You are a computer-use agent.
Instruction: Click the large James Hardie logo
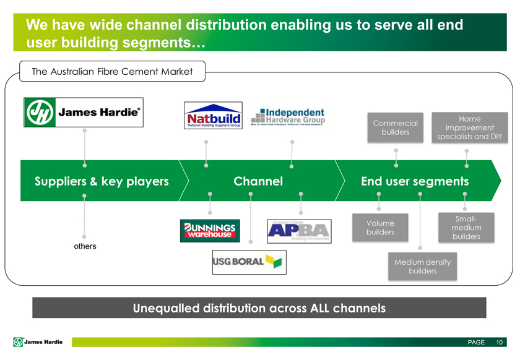pos(83,112)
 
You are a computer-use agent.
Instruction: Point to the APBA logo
pos(298,231)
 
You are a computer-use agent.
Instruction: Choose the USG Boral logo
pos(246,262)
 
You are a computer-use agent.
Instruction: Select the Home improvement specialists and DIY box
pos(469,127)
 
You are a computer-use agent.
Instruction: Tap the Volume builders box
pos(379,227)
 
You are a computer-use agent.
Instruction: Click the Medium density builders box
pos(422,267)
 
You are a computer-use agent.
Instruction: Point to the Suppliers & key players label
pos(102,181)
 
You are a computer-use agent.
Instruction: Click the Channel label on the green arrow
pos(258,181)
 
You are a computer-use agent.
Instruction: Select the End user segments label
pos(414,181)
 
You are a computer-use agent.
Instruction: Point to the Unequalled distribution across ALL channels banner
pos(259,307)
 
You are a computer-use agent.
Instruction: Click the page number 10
pos(499,343)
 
